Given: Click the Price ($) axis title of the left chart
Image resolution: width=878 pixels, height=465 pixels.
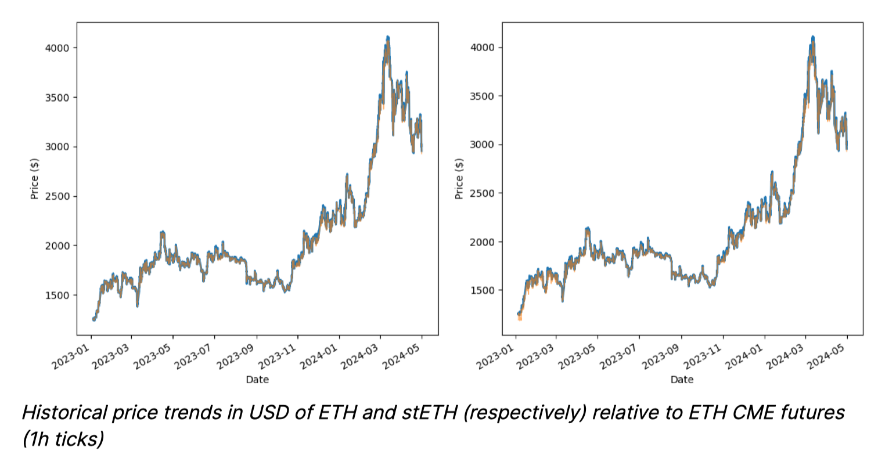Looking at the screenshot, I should click(x=34, y=178).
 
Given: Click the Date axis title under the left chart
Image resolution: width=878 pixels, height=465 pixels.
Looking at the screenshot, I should click(x=257, y=380).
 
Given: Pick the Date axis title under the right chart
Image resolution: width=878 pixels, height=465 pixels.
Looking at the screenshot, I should click(x=682, y=380).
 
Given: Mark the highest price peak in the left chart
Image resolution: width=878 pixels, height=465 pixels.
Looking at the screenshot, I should click(x=387, y=38).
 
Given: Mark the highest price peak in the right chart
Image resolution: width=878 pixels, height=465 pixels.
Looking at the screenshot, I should click(x=813, y=38).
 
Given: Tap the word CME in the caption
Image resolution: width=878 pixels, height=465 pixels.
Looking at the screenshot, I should click(x=747, y=413).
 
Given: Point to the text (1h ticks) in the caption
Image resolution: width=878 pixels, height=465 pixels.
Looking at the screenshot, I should click(x=63, y=439).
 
